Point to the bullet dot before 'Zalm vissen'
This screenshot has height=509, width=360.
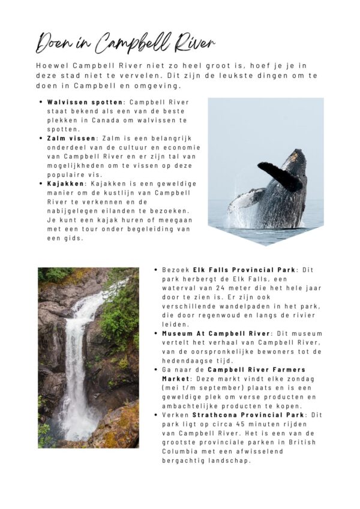(x=41, y=138)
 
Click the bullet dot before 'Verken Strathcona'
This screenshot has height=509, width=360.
(x=156, y=414)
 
